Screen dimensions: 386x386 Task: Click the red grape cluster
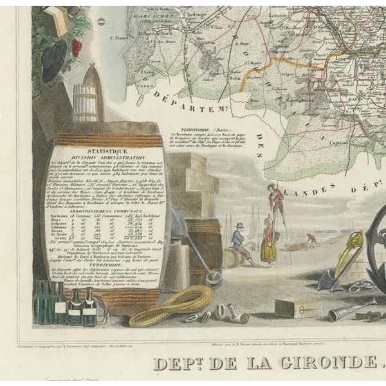coord(77,47)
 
